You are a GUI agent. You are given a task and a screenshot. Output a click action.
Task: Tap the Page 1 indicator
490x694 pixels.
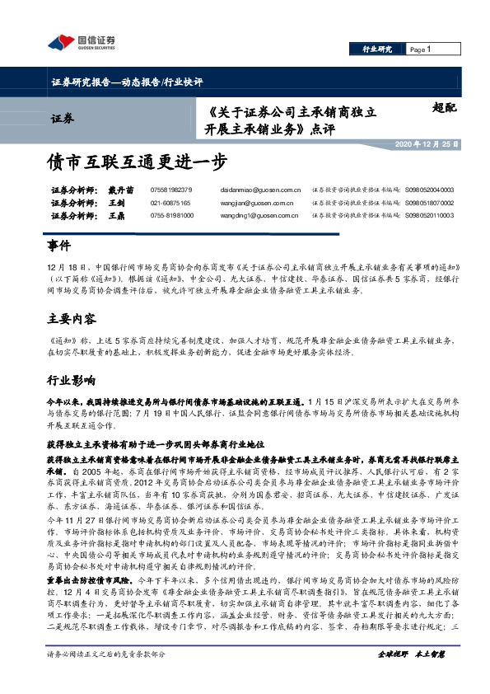tap(420, 49)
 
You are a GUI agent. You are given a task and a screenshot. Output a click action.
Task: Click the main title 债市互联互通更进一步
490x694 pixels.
tap(136, 162)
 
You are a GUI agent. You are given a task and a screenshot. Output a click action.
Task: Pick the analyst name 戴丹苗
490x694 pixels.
tap(119, 190)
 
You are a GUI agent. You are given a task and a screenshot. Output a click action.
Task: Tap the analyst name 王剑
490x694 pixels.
tap(115, 202)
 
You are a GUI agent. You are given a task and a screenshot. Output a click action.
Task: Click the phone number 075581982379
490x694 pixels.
tap(171, 190)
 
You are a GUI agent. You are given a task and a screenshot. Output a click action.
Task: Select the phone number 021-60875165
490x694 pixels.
tap(170, 202)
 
